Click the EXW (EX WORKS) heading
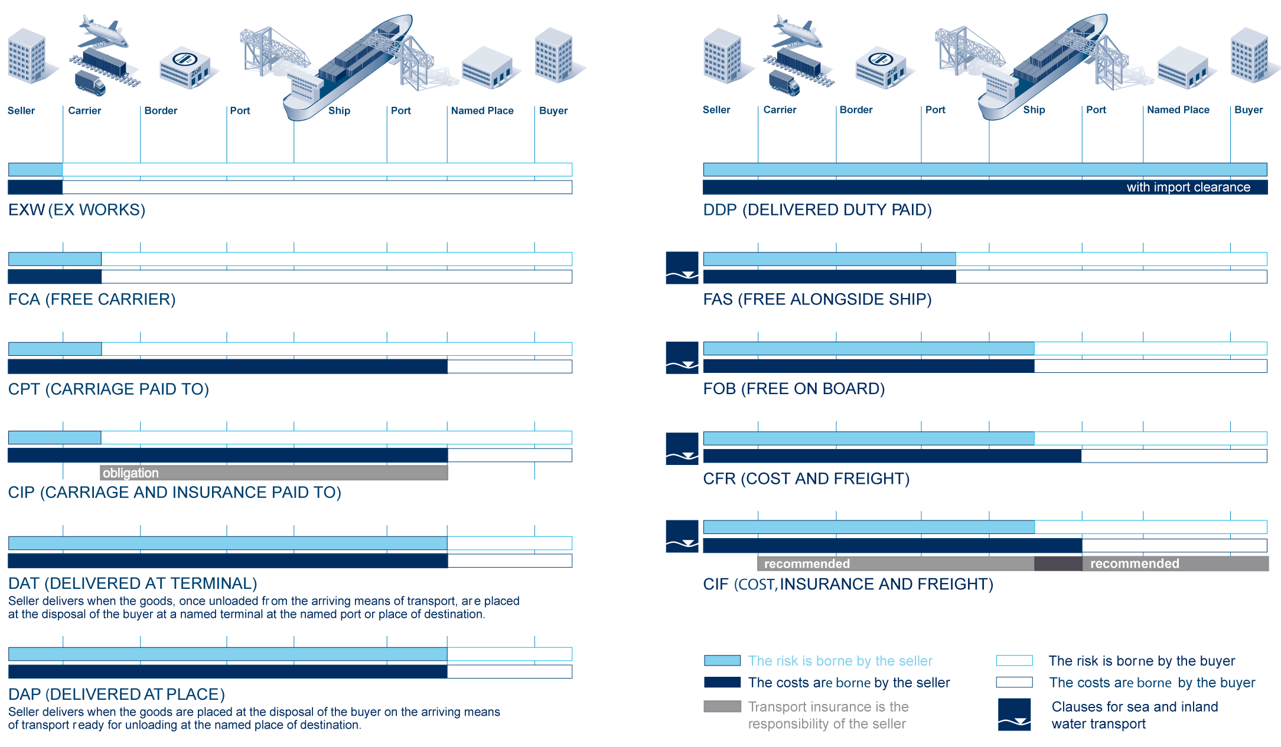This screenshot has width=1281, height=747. (x=77, y=210)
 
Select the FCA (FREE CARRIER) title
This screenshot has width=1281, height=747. (x=92, y=300)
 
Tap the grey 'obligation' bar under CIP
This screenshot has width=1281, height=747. (x=274, y=473)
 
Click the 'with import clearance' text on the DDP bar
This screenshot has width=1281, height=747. (x=1188, y=187)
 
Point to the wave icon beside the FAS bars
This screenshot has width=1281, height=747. (x=682, y=268)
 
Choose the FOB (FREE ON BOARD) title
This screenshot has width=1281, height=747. (x=794, y=389)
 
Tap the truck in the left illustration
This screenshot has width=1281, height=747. (x=90, y=83)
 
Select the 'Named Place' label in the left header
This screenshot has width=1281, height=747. (x=482, y=110)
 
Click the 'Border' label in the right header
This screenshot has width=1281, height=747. (x=856, y=110)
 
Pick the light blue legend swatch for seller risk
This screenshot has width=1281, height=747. (x=722, y=660)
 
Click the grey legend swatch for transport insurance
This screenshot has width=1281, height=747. (x=722, y=706)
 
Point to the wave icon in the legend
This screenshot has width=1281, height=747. (x=1015, y=715)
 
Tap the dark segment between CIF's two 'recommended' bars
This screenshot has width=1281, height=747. (x=1058, y=563)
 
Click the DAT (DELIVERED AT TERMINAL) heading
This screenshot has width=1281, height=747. (x=133, y=584)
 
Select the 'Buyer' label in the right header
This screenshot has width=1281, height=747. (x=1249, y=110)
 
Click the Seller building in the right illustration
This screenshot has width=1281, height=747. (x=723, y=55)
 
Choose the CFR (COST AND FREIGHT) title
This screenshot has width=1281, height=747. (x=806, y=479)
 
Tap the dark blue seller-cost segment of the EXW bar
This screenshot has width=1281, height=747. (x=35, y=187)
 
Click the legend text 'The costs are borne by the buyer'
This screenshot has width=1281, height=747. (x=1152, y=683)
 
